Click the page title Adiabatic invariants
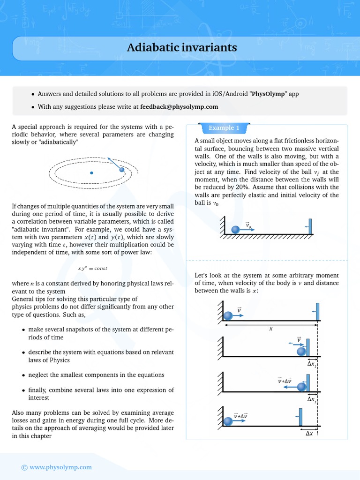pos(182,48)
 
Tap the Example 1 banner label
pos(224,128)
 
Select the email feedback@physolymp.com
pos(179,106)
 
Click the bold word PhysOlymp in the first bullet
pos(269,94)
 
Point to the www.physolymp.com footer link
pos(60,467)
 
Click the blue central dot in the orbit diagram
pos(91,173)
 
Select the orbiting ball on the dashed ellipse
pos(122,170)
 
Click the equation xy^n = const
pos(92,268)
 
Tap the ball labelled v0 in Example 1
pos(235,229)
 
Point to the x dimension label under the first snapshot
pos(270,329)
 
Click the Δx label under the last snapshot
pos(309,434)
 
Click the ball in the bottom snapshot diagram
pos(228,421)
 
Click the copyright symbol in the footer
pos(24,467)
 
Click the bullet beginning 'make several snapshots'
pos(101,333)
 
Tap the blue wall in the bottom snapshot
pos(301,417)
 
